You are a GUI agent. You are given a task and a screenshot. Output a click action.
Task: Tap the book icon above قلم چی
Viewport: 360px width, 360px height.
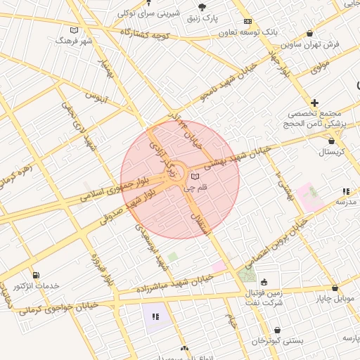(195, 176)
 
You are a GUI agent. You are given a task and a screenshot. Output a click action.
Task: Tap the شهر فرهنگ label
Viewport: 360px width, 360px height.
(75, 41)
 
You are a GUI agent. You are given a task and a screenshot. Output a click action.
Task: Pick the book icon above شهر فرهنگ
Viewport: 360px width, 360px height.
(75, 30)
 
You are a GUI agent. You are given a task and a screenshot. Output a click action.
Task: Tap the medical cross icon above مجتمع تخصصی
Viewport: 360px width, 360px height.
(315, 103)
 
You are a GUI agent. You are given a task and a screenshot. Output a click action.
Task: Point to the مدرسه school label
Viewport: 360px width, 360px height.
(346, 202)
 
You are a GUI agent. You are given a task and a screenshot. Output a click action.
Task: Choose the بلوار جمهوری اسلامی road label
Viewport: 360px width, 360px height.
(116, 185)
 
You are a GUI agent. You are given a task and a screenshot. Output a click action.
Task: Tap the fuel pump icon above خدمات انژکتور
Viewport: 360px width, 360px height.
(36, 275)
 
